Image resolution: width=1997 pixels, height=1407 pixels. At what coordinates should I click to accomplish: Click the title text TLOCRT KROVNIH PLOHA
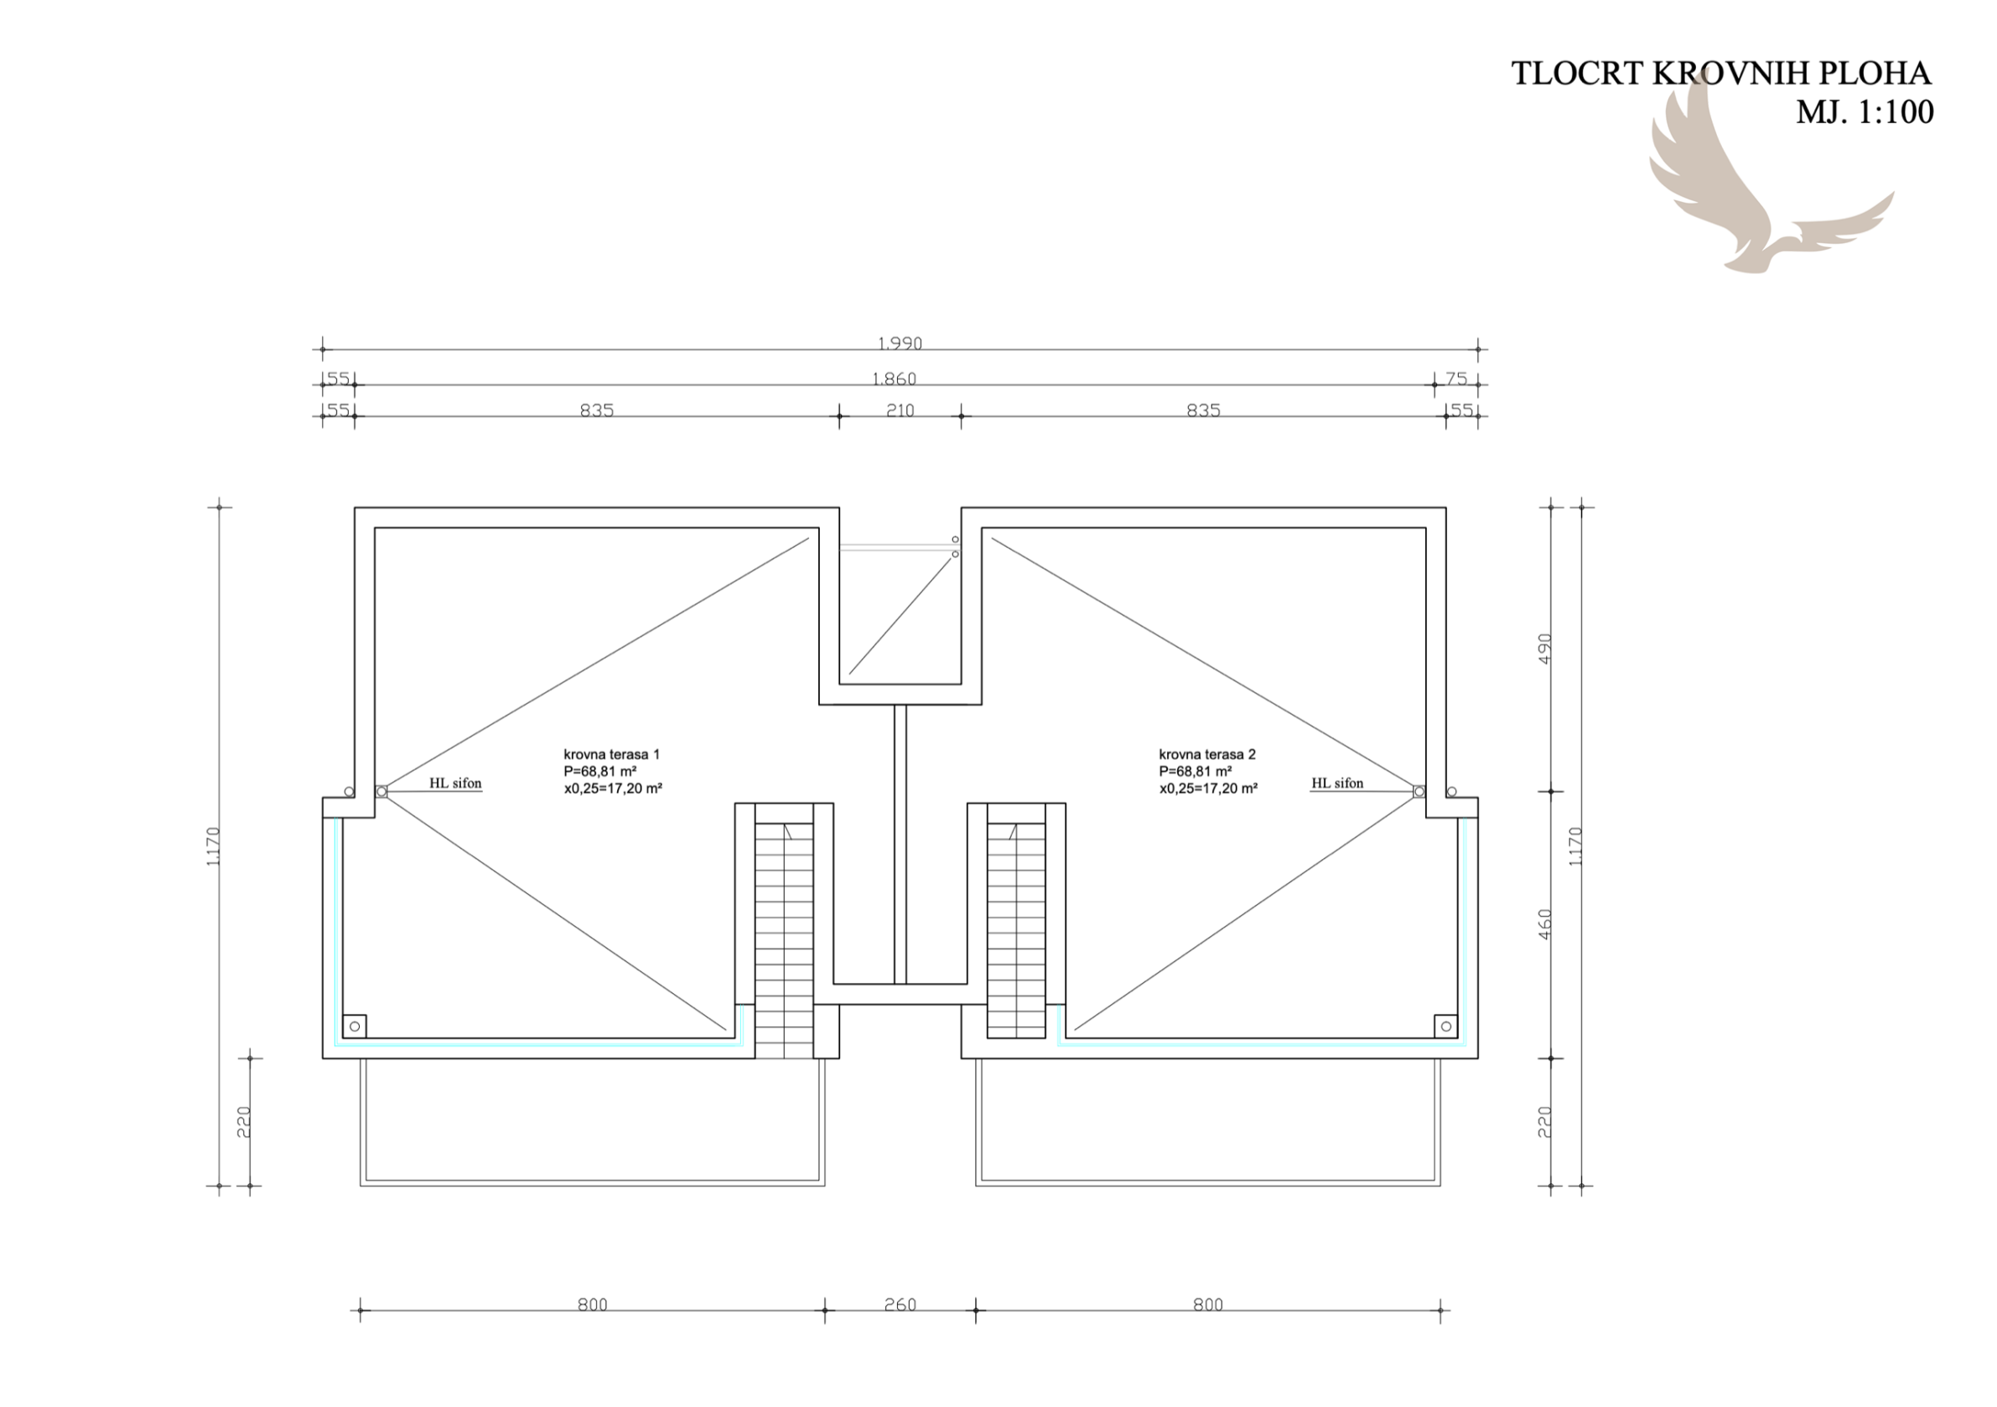[x=1721, y=74]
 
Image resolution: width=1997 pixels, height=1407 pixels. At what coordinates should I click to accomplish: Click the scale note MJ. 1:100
[x=1865, y=112]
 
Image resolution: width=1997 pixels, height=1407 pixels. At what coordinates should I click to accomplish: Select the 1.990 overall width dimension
[x=900, y=343]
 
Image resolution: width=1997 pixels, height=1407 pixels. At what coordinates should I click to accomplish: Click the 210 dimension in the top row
[x=900, y=410]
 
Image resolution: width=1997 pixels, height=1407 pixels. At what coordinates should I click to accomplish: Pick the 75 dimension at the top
[x=1456, y=378]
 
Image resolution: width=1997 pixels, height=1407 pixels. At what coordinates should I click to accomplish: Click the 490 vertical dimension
[x=1545, y=648]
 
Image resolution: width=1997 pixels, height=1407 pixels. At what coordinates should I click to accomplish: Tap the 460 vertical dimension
[x=1545, y=924]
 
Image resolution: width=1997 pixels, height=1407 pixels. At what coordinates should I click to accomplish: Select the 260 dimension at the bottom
[x=900, y=1305]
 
